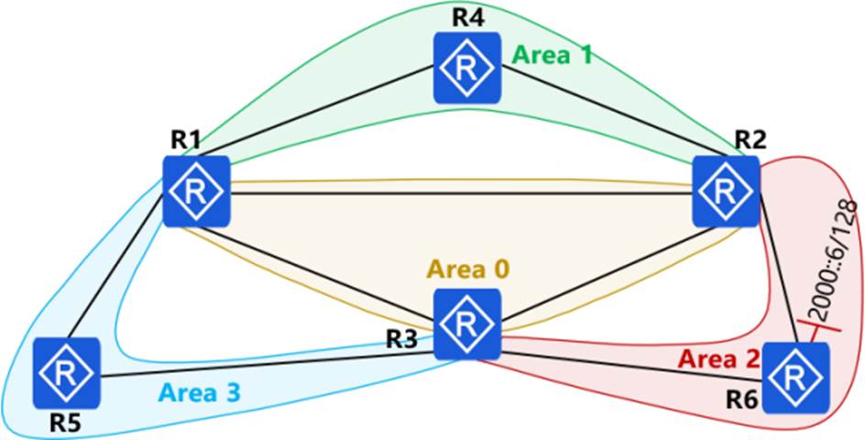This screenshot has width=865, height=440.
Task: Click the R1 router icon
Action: point(196,191)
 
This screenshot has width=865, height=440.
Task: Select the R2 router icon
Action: point(726,191)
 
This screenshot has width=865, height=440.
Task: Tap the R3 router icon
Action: point(467,324)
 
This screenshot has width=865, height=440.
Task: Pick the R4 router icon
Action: point(467,67)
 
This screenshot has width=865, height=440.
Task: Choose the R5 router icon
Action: point(66,373)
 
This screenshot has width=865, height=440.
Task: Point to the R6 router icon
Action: point(795,378)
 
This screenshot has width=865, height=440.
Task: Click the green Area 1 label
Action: point(553,55)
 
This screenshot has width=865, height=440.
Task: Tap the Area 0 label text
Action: point(468,270)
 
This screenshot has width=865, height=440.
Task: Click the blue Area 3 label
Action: point(199,392)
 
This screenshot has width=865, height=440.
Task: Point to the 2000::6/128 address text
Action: point(835,260)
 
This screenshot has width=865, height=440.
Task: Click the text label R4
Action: point(468,16)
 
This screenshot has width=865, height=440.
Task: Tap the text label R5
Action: point(66,423)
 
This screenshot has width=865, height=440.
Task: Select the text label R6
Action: point(742,401)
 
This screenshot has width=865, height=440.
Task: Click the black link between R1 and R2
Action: point(461,193)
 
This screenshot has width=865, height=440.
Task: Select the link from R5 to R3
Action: point(267,364)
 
